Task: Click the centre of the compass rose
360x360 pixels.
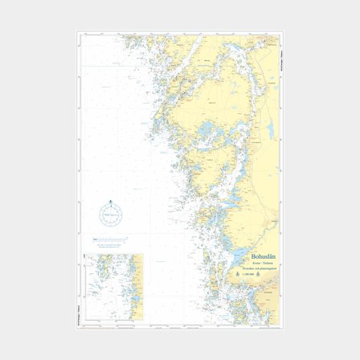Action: (x=110, y=215)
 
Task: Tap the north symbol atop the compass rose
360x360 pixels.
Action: (x=110, y=202)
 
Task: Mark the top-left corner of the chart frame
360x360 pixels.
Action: (x=77, y=32)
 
